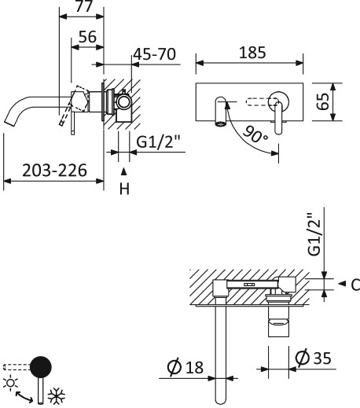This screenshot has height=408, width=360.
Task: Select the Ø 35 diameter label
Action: pos(312,359)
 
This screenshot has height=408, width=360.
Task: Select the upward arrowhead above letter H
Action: pos(123,171)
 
